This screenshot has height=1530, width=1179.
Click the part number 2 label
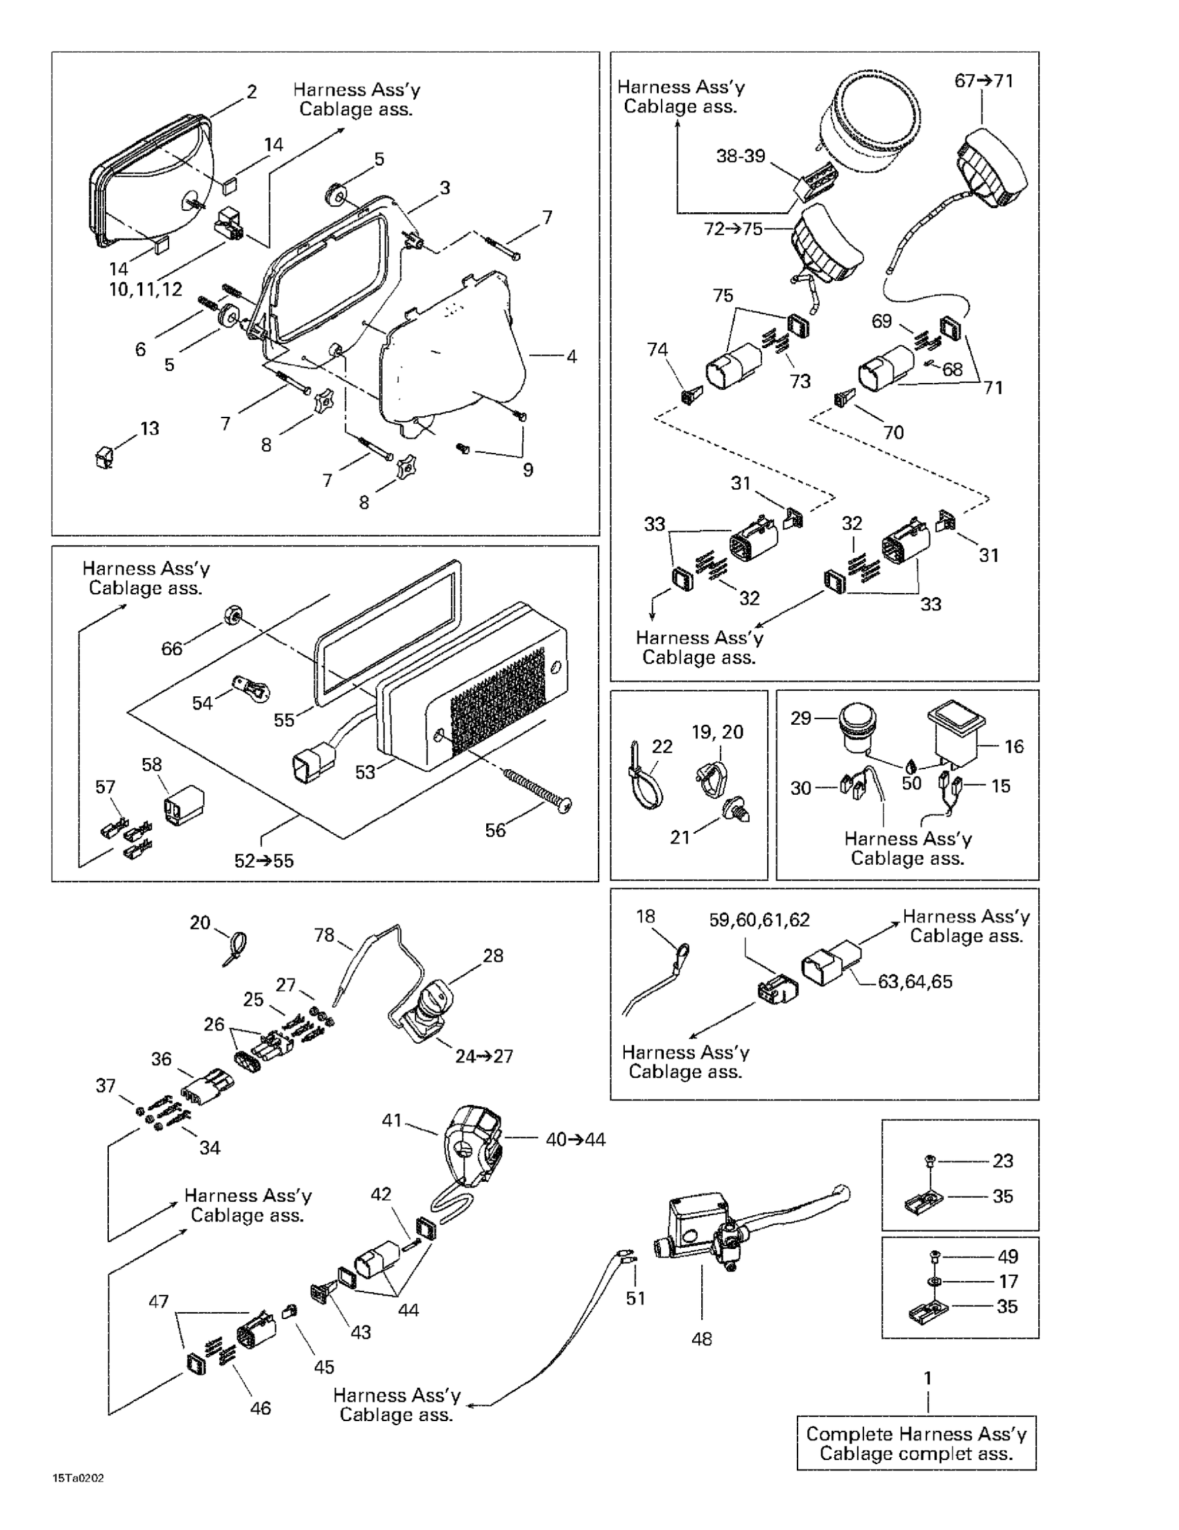point(252,92)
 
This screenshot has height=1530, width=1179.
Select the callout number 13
point(150,428)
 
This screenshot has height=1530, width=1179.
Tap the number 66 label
point(171,648)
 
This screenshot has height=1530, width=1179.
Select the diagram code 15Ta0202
point(78,1479)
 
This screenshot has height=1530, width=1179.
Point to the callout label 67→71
point(983,81)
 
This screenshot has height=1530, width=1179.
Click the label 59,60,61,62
point(759,920)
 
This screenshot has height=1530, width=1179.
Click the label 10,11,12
point(146,289)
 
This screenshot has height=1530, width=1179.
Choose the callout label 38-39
point(741,155)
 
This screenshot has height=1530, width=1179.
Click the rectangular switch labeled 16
point(956,736)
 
